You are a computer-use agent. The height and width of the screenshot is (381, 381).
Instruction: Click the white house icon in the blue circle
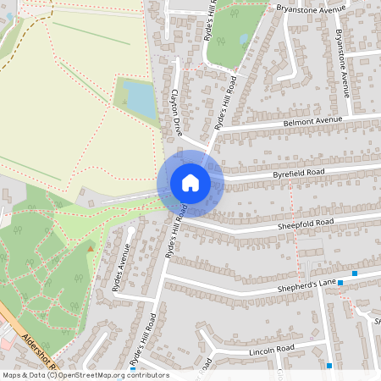click(190, 183)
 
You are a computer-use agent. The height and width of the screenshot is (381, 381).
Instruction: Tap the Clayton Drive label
click(177, 113)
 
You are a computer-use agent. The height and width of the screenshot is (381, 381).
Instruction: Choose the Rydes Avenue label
click(121, 268)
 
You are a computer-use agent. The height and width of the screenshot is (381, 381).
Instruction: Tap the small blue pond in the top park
click(244, 39)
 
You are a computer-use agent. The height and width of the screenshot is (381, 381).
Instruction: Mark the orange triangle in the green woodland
click(91, 248)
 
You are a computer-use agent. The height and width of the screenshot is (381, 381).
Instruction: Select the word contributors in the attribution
click(147, 375)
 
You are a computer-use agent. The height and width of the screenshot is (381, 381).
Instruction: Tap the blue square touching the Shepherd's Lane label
click(354, 273)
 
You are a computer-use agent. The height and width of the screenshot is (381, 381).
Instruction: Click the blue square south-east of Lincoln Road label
click(329, 366)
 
